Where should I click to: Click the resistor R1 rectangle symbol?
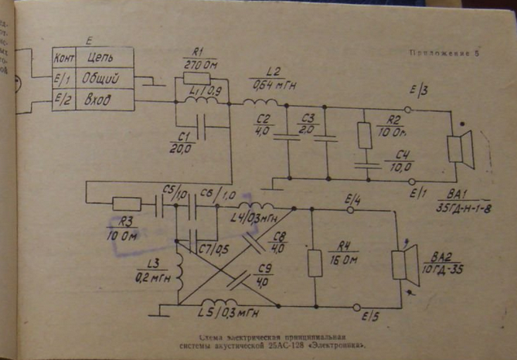(196, 78)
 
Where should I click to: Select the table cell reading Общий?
(102, 79)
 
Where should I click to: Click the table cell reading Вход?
(100, 100)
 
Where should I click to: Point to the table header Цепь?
(101, 58)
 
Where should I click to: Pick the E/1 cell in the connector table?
(63, 79)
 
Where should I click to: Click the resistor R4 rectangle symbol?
(315, 263)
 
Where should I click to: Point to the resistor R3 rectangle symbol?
(126, 204)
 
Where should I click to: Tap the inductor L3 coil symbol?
(177, 264)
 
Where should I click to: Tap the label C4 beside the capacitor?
(400, 156)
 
